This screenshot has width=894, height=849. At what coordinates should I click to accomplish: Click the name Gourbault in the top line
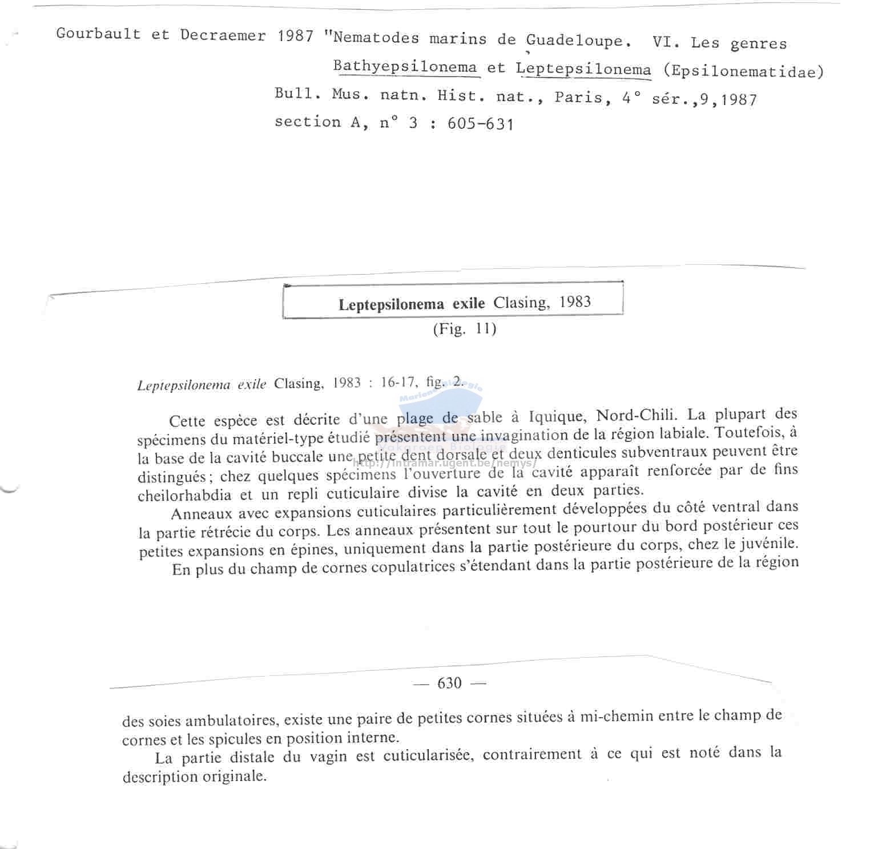[x=98, y=34]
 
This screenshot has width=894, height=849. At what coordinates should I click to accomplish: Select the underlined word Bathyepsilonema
[x=405, y=67]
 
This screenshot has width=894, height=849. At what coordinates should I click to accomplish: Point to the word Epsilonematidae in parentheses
[x=744, y=72]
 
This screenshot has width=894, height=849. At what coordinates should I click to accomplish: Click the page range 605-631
[x=481, y=124]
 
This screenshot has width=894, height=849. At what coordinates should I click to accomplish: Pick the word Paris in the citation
[x=578, y=97]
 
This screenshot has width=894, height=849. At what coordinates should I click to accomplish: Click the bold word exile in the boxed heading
[x=468, y=304]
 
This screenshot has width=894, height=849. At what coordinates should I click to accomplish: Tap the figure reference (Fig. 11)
[x=464, y=329]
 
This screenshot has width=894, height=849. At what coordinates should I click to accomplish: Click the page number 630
[x=449, y=683]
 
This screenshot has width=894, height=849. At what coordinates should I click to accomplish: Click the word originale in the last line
[x=232, y=776]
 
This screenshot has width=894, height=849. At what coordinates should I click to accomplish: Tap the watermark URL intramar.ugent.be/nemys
[x=445, y=463]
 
